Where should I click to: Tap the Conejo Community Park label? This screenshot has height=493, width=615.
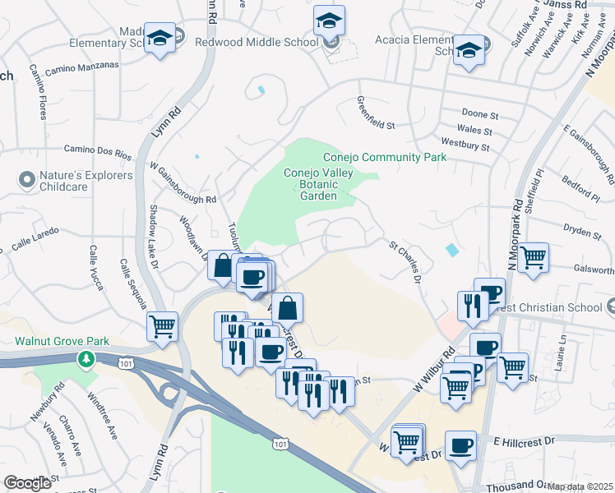pos(384,157)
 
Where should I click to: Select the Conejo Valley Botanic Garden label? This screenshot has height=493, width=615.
pos(311,185)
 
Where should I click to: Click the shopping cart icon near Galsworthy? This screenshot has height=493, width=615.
pos(533,257)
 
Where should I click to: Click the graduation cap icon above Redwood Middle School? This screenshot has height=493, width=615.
pos(330,20)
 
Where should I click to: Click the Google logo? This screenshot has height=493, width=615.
pos(27,483)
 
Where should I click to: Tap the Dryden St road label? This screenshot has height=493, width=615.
pos(585,233)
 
